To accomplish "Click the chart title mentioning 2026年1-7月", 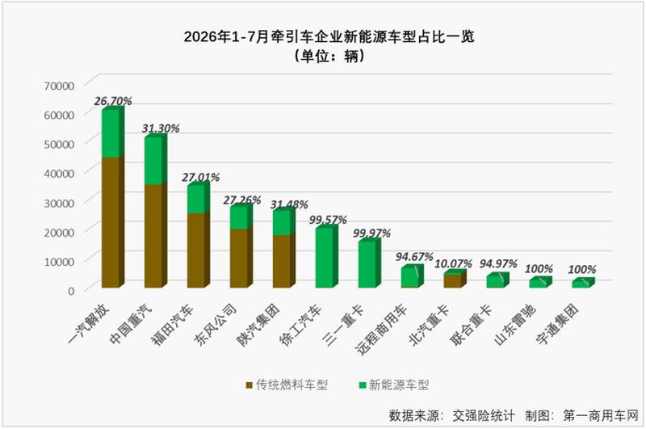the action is tap(329, 36).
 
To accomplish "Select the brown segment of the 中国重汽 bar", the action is tap(155, 235).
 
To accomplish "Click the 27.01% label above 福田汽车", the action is tap(200, 177).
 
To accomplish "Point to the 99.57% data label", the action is tap(328, 220).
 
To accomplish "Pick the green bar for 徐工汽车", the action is tap(326, 256).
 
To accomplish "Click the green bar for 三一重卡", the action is tap(369, 263).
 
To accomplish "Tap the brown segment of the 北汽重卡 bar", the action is tap(455, 280).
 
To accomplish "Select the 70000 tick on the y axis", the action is tap(59, 86).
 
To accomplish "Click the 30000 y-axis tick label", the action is tap(59, 203).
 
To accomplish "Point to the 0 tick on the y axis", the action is tap(71, 291).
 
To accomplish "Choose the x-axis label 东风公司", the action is tap(216, 324).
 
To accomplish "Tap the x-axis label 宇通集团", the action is tap(557, 324).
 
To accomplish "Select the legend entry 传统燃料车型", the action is tap(287, 385).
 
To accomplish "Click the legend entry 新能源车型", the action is tap(394, 385).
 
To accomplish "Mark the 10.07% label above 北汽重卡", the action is tap(453, 263).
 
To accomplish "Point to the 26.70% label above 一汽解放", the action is tap(113, 101).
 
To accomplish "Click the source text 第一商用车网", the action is tap(601, 415).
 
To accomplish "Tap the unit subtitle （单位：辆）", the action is tap(329, 56).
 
